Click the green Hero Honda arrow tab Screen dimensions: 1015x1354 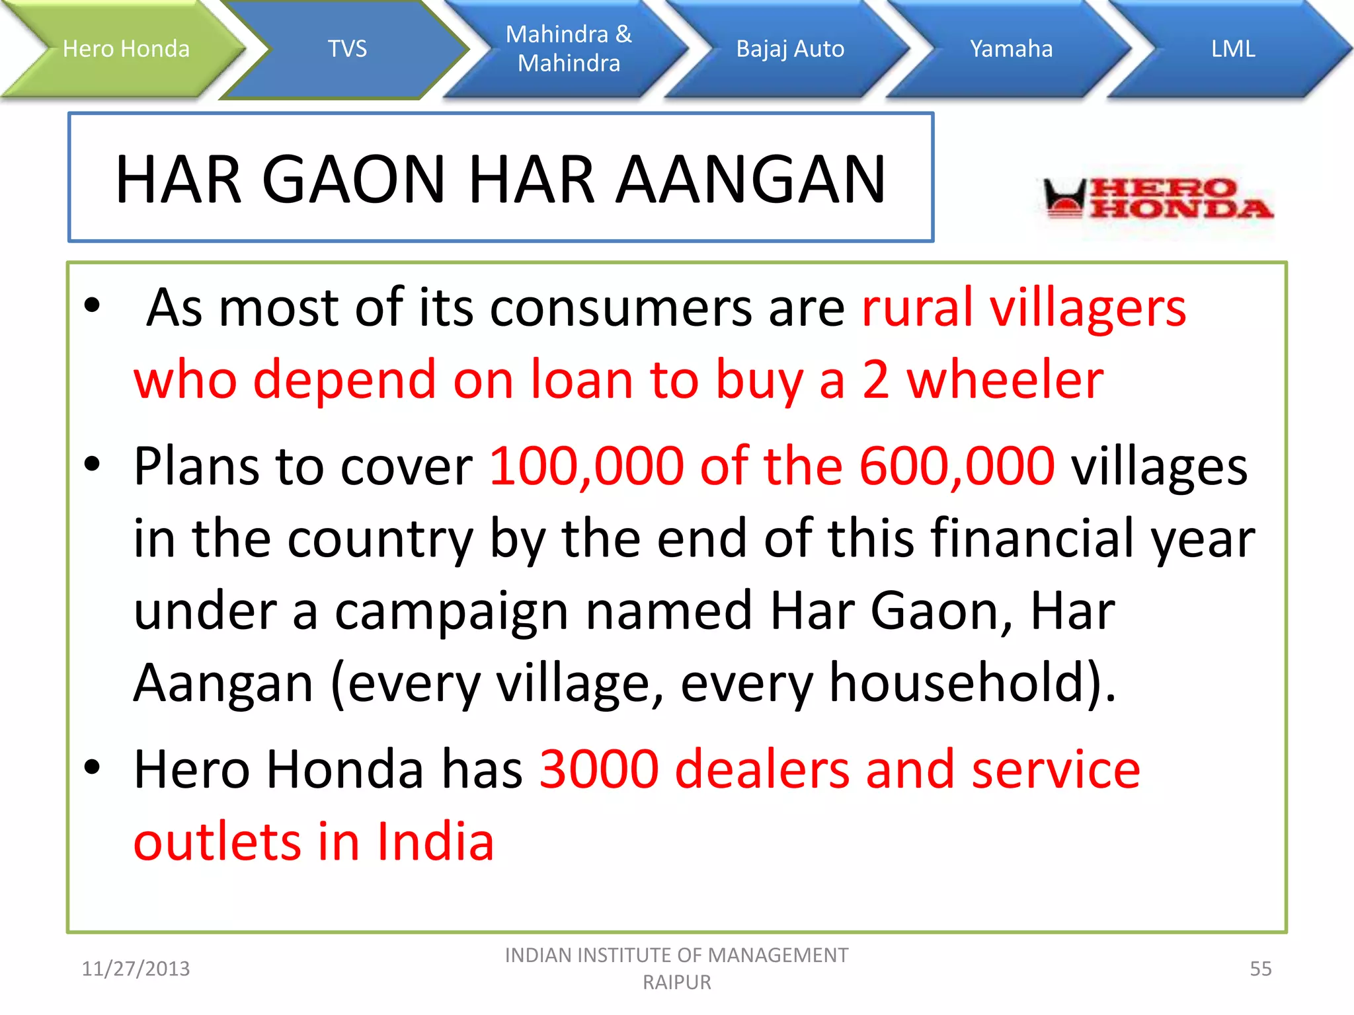point(126,49)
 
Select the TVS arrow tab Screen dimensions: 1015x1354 point(347,49)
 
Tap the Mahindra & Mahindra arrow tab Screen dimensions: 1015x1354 point(569,49)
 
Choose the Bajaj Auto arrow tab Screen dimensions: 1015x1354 point(790,49)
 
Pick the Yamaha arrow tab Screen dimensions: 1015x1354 point(1011,49)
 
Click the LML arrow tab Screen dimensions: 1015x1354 point(1232,49)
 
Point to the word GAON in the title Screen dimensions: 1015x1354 point(354,179)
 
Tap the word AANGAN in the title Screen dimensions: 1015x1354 point(750,179)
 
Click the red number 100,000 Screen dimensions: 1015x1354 point(586,466)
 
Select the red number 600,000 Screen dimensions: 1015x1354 point(957,466)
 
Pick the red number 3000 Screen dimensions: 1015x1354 point(599,769)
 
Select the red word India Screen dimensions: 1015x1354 point(436,842)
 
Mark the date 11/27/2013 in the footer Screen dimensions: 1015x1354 point(136,969)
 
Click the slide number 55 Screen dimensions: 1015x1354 point(1260,969)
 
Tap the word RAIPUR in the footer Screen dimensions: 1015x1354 point(677,983)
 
